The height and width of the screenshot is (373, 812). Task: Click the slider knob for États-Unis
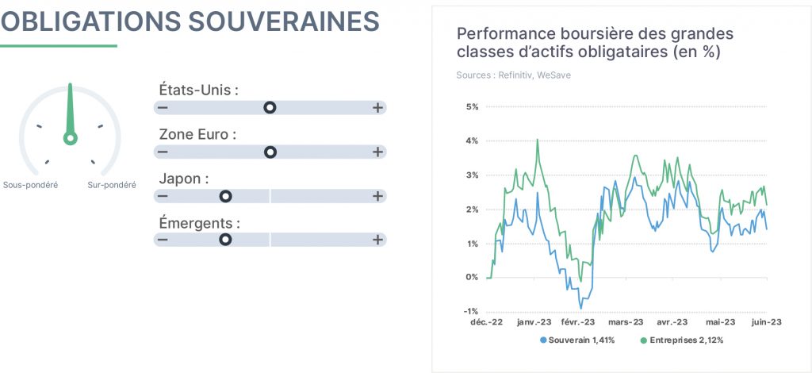tap(270, 108)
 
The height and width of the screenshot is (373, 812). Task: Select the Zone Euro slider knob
tap(270, 152)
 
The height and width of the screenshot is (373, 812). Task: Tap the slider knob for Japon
tap(225, 196)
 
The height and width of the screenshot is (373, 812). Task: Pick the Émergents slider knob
tap(225, 240)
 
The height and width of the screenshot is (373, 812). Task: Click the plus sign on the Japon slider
tap(377, 196)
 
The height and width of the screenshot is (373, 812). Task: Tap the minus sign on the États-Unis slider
tap(163, 108)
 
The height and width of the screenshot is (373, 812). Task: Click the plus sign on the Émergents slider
tap(377, 240)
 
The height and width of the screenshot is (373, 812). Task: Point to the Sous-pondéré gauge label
tap(31, 185)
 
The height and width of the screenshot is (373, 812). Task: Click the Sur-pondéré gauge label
tap(112, 185)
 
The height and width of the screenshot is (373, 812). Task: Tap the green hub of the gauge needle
tap(71, 138)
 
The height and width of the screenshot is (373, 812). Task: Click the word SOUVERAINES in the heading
tap(284, 21)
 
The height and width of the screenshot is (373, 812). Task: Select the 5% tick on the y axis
tap(471, 106)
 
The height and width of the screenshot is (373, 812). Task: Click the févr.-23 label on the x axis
tap(578, 322)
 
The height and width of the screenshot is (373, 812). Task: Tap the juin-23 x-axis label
tap(766, 322)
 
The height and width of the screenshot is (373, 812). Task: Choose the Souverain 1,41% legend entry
tap(577, 340)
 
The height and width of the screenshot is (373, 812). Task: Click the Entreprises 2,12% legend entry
tap(682, 340)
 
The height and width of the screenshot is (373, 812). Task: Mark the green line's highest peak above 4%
tap(538, 140)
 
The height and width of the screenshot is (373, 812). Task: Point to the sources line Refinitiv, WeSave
tap(514, 75)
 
